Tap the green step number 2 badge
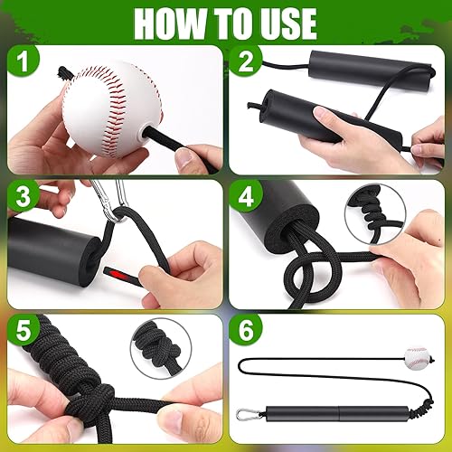point(247,64)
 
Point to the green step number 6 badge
point(247,332)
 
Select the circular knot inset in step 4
point(374,213)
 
